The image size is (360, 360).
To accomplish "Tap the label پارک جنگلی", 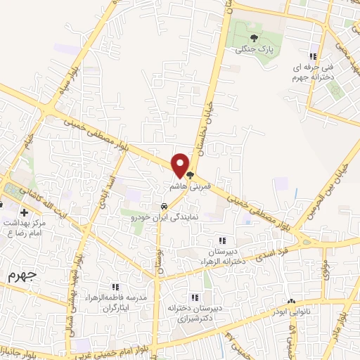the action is [x=254, y=50].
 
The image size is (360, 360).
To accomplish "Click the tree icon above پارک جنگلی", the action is [x=254, y=39].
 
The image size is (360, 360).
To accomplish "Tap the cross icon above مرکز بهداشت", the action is [x=25, y=212].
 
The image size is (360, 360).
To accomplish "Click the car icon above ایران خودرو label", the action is [x=163, y=207].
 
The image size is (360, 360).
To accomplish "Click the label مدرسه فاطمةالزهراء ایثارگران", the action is [x=115, y=303].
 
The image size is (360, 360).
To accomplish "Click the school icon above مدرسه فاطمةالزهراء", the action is [x=115, y=287].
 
